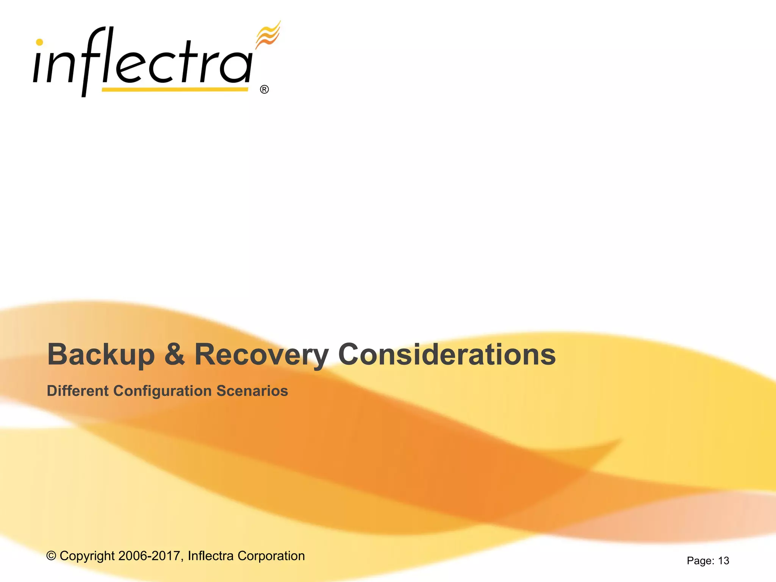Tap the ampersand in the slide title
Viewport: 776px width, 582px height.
pyautogui.click(x=175, y=355)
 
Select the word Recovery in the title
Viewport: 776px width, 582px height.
pyautogui.click(x=261, y=355)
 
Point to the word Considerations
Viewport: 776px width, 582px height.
pyautogui.click(x=447, y=355)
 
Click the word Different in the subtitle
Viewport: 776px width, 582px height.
pyautogui.click(x=77, y=391)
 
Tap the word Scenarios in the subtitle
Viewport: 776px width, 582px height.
pyautogui.click(x=252, y=391)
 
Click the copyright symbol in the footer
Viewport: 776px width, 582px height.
pyautogui.click(x=51, y=556)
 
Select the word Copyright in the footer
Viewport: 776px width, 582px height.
pyautogui.click(x=87, y=556)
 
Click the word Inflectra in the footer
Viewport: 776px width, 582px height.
pyautogui.click(x=211, y=556)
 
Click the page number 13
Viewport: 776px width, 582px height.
pyautogui.click(x=723, y=561)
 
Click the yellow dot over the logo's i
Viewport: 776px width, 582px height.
pyautogui.click(x=39, y=42)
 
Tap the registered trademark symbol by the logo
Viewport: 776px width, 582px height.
pyautogui.click(x=264, y=89)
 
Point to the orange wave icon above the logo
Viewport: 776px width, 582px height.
pyautogui.click(x=268, y=35)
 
